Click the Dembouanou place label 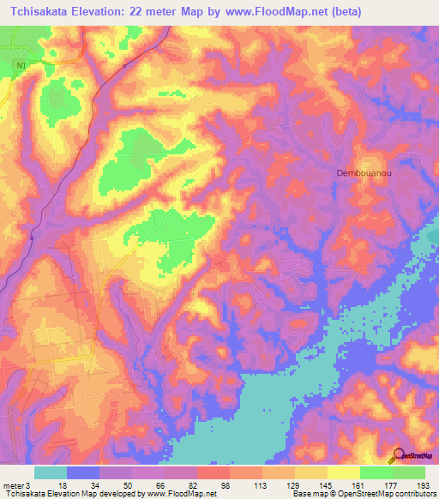pyautogui.click(x=361, y=172)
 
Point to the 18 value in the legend pyautogui.click(x=62, y=484)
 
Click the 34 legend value pyautogui.click(x=95, y=484)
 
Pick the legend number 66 pyautogui.click(x=160, y=484)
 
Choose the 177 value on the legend pyautogui.click(x=391, y=484)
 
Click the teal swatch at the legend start pyautogui.click(x=50, y=472)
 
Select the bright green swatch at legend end pyautogui.click(x=409, y=472)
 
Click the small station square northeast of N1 pyautogui.click(x=124, y=64)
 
